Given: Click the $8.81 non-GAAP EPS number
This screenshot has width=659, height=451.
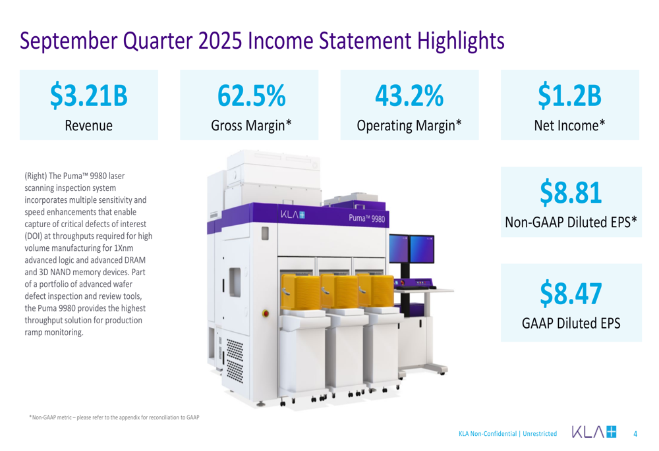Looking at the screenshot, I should click(x=570, y=192).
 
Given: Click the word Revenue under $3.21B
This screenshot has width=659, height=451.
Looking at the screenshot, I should click(x=88, y=126).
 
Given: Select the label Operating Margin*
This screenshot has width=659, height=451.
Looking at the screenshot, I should click(x=409, y=126).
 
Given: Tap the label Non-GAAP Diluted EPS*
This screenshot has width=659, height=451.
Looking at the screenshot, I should click(x=571, y=223).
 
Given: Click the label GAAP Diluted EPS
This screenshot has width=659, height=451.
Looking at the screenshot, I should click(x=571, y=323).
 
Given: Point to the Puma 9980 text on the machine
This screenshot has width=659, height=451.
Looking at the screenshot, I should click(x=366, y=218).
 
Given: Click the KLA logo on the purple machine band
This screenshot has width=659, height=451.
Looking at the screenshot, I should click(x=292, y=214).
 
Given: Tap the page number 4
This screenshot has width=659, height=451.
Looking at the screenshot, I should click(x=635, y=435).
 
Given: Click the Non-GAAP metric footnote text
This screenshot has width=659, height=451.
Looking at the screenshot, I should click(x=113, y=417).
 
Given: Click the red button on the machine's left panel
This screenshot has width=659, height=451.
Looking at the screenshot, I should click(x=266, y=313).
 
